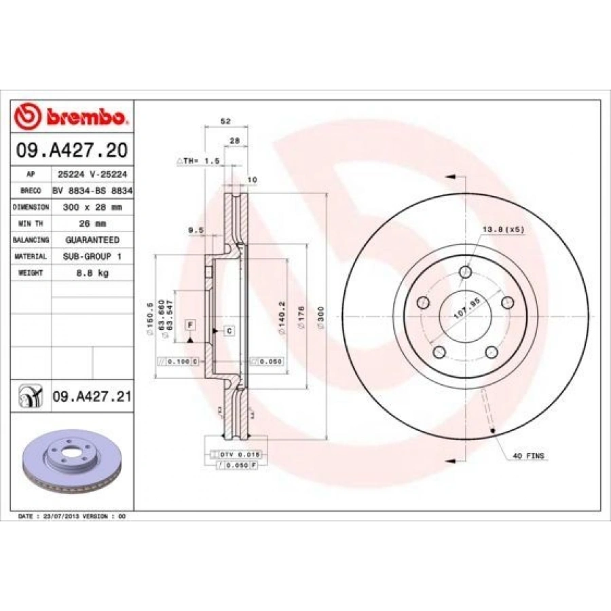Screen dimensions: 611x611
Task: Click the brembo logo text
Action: coord(85,117)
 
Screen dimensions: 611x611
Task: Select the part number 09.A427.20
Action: coord(72,150)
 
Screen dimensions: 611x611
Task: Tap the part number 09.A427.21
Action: coord(91,395)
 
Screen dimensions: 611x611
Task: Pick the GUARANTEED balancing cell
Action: coord(92,240)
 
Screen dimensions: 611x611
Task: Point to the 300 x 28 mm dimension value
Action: coord(92,206)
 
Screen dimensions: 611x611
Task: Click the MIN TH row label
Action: coord(31,223)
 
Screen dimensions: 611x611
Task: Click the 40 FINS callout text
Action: coord(528,456)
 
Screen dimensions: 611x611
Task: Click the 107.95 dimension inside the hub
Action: coord(466,310)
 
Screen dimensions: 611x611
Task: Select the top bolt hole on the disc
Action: coord(465,272)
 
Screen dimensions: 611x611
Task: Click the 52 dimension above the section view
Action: coord(226,121)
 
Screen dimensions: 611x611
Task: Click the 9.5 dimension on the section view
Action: coord(196,230)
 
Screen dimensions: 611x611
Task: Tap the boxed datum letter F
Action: coord(190,325)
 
